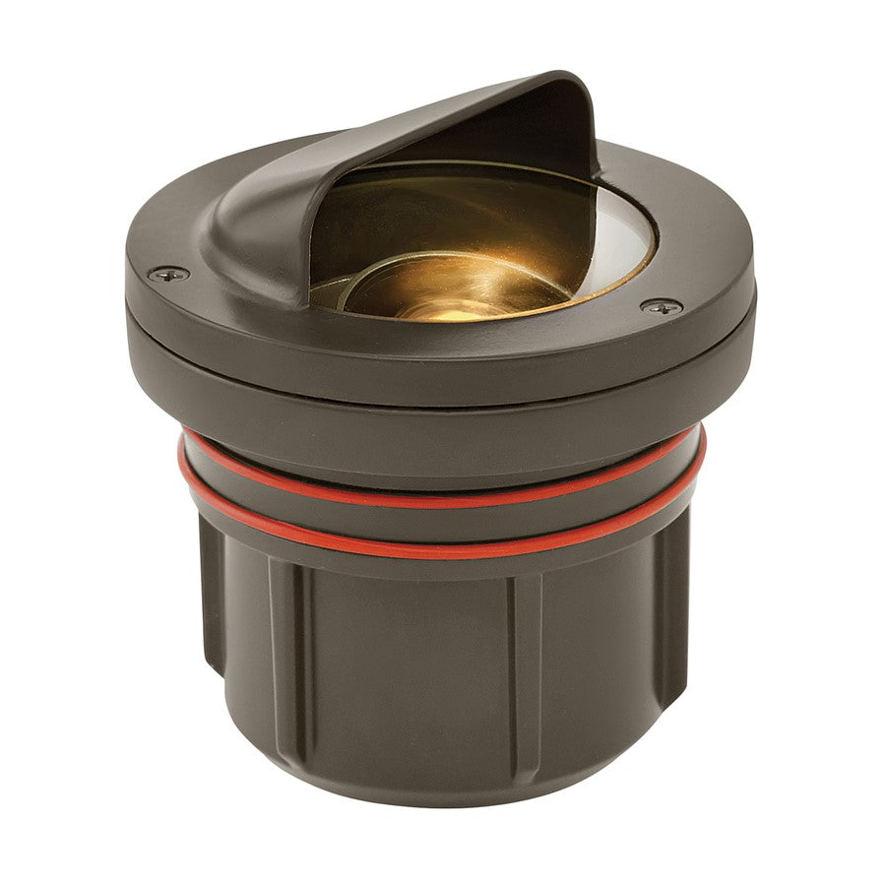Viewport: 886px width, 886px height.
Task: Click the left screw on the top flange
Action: tap(169, 273)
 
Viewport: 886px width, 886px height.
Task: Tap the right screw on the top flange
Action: tap(661, 307)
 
